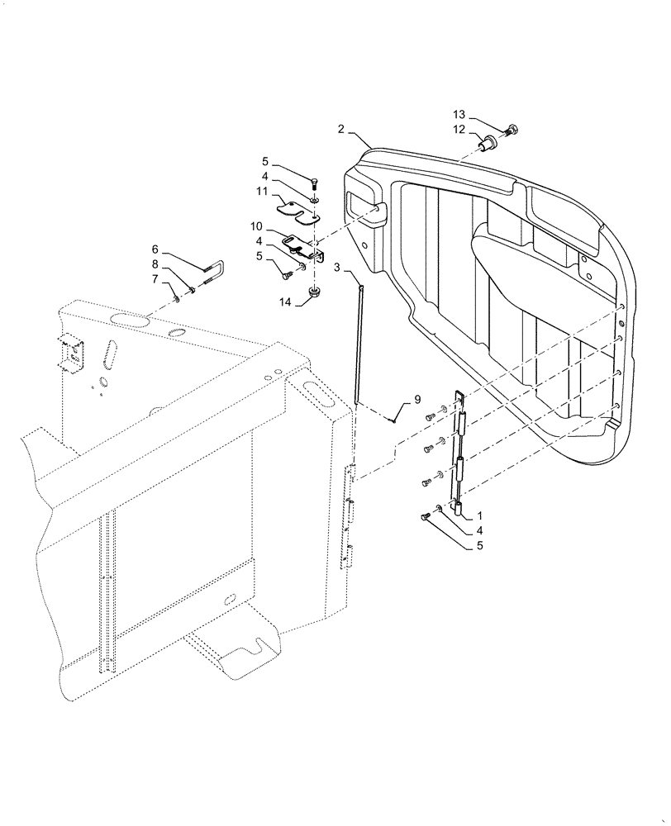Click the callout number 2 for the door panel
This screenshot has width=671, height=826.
340,130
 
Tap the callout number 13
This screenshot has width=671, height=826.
459,114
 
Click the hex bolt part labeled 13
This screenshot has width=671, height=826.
510,129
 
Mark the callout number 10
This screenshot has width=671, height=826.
256,225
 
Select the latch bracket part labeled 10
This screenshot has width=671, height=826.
303,247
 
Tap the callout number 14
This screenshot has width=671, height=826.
287,302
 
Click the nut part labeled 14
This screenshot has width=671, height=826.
315,292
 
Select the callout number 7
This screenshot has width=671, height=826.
155,279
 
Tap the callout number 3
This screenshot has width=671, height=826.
337,268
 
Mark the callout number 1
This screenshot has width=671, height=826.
480,514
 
